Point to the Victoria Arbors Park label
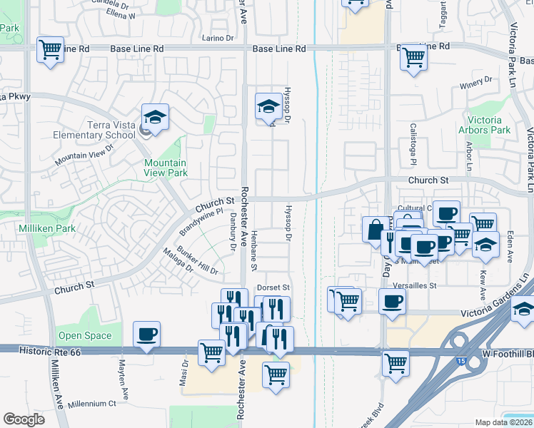(x=489, y=125)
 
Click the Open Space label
(x=85, y=335)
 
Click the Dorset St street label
(x=272, y=287)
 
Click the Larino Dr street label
(x=218, y=37)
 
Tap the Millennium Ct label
(x=92, y=403)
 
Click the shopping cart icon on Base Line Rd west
(x=50, y=51)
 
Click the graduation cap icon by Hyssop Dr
(x=268, y=107)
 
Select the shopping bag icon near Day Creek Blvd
(x=376, y=230)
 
